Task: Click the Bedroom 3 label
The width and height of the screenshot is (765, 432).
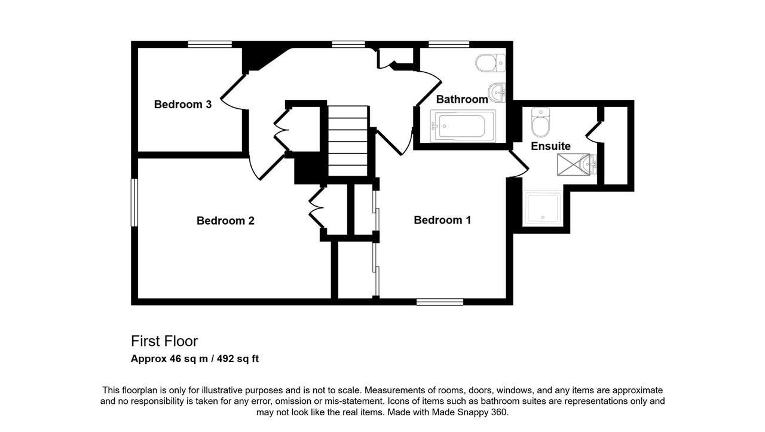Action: pyautogui.click(x=183, y=104)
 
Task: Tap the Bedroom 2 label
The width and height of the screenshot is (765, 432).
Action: pyautogui.click(x=225, y=220)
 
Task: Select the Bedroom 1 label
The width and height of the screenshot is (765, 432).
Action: pyautogui.click(x=442, y=220)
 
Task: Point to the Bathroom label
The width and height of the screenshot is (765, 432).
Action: pyautogui.click(x=462, y=99)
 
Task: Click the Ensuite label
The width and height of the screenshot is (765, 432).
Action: pyautogui.click(x=550, y=146)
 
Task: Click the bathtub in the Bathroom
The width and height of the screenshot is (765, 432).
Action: pyautogui.click(x=463, y=125)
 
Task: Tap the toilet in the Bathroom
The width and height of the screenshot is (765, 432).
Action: pyautogui.click(x=491, y=63)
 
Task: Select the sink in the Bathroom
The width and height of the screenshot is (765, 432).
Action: pyautogui.click(x=497, y=92)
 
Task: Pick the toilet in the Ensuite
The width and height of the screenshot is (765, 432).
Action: pyautogui.click(x=541, y=122)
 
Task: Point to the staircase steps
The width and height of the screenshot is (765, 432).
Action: pyautogui.click(x=348, y=140)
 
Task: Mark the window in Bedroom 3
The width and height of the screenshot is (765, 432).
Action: pyautogui.click(x=210, y=44)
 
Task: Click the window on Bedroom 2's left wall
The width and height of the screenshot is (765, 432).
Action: pyautogui.click(x=134, y=203)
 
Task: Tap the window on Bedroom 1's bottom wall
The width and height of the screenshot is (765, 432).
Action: pyautogui.click(x=440, y=302)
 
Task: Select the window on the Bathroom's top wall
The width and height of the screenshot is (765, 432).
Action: pyautogui.click(x=449, y=44)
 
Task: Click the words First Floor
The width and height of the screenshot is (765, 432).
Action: pyautogui.click(x=164, y=341)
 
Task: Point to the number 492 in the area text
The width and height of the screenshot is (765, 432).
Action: pyautogui.click(x=228, y=359)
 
